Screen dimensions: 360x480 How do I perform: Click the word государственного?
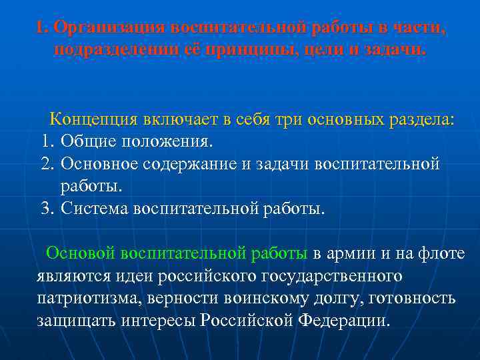point(334,275)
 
